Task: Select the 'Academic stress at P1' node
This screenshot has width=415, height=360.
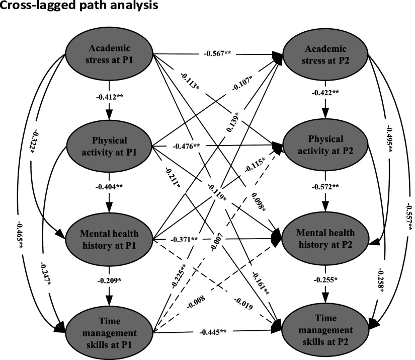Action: point(110,53)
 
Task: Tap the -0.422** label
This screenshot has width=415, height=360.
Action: point(326,94)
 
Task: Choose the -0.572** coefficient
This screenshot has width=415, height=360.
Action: point(326,187)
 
